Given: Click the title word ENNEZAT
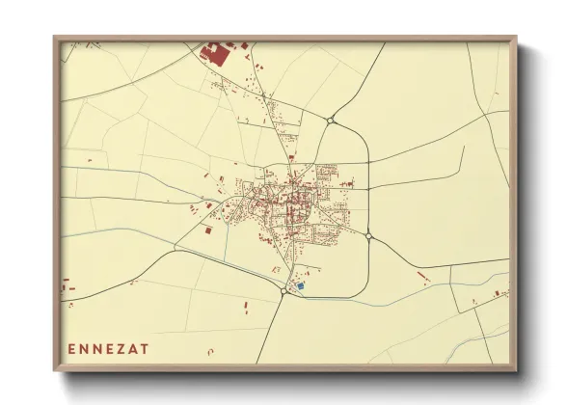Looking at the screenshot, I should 109,348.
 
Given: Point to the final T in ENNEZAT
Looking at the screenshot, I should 145,348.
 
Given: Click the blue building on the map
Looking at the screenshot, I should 300,285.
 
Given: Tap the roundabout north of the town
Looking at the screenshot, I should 331,121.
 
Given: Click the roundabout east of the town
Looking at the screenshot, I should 369,234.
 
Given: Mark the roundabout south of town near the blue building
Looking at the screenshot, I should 282,291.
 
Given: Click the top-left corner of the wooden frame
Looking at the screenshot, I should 55,39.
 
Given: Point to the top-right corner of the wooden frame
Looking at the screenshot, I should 515,39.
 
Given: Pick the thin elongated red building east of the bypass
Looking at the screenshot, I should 421,278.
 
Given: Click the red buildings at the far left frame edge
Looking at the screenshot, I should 67,286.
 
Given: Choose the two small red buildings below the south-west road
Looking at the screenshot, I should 241,307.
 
